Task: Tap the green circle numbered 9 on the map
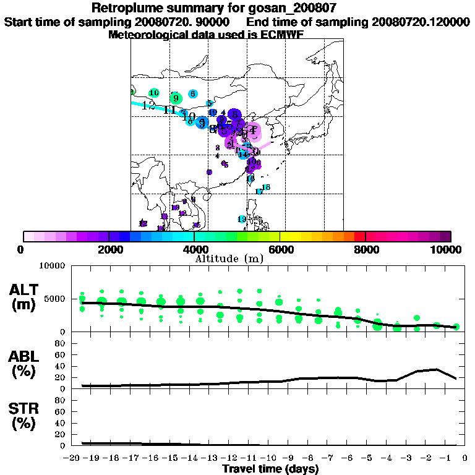pyautogui.click(x=176, y=98)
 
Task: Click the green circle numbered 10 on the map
pyautogui.click(x=154, y=93)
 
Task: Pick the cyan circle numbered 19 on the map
pyautogui.click(x=242, y=219)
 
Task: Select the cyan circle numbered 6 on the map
pyautogui.click(x=193, y=94)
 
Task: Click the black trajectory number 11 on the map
pyautogui.click(x=170, y=110)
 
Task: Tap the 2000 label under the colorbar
pyautogui.click(x=108, y=249)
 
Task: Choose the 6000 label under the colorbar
pyautogui.click(x=280, y=249)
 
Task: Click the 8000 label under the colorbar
pyautogui.click(x=365, y=249)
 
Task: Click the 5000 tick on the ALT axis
pyautogui.click(x=56, y=299)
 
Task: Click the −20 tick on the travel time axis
pyautogui.click(x=72, y=458)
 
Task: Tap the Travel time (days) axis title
pyautogui.click(x=270, y=469)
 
